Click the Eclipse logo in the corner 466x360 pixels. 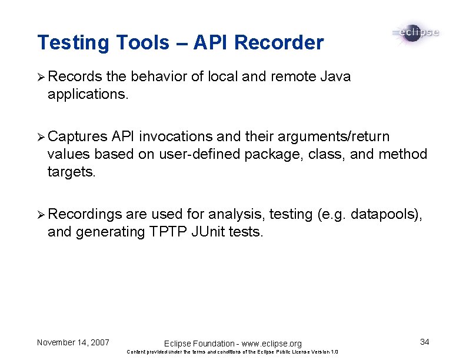415,32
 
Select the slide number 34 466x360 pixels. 425,342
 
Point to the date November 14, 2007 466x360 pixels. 73,342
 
